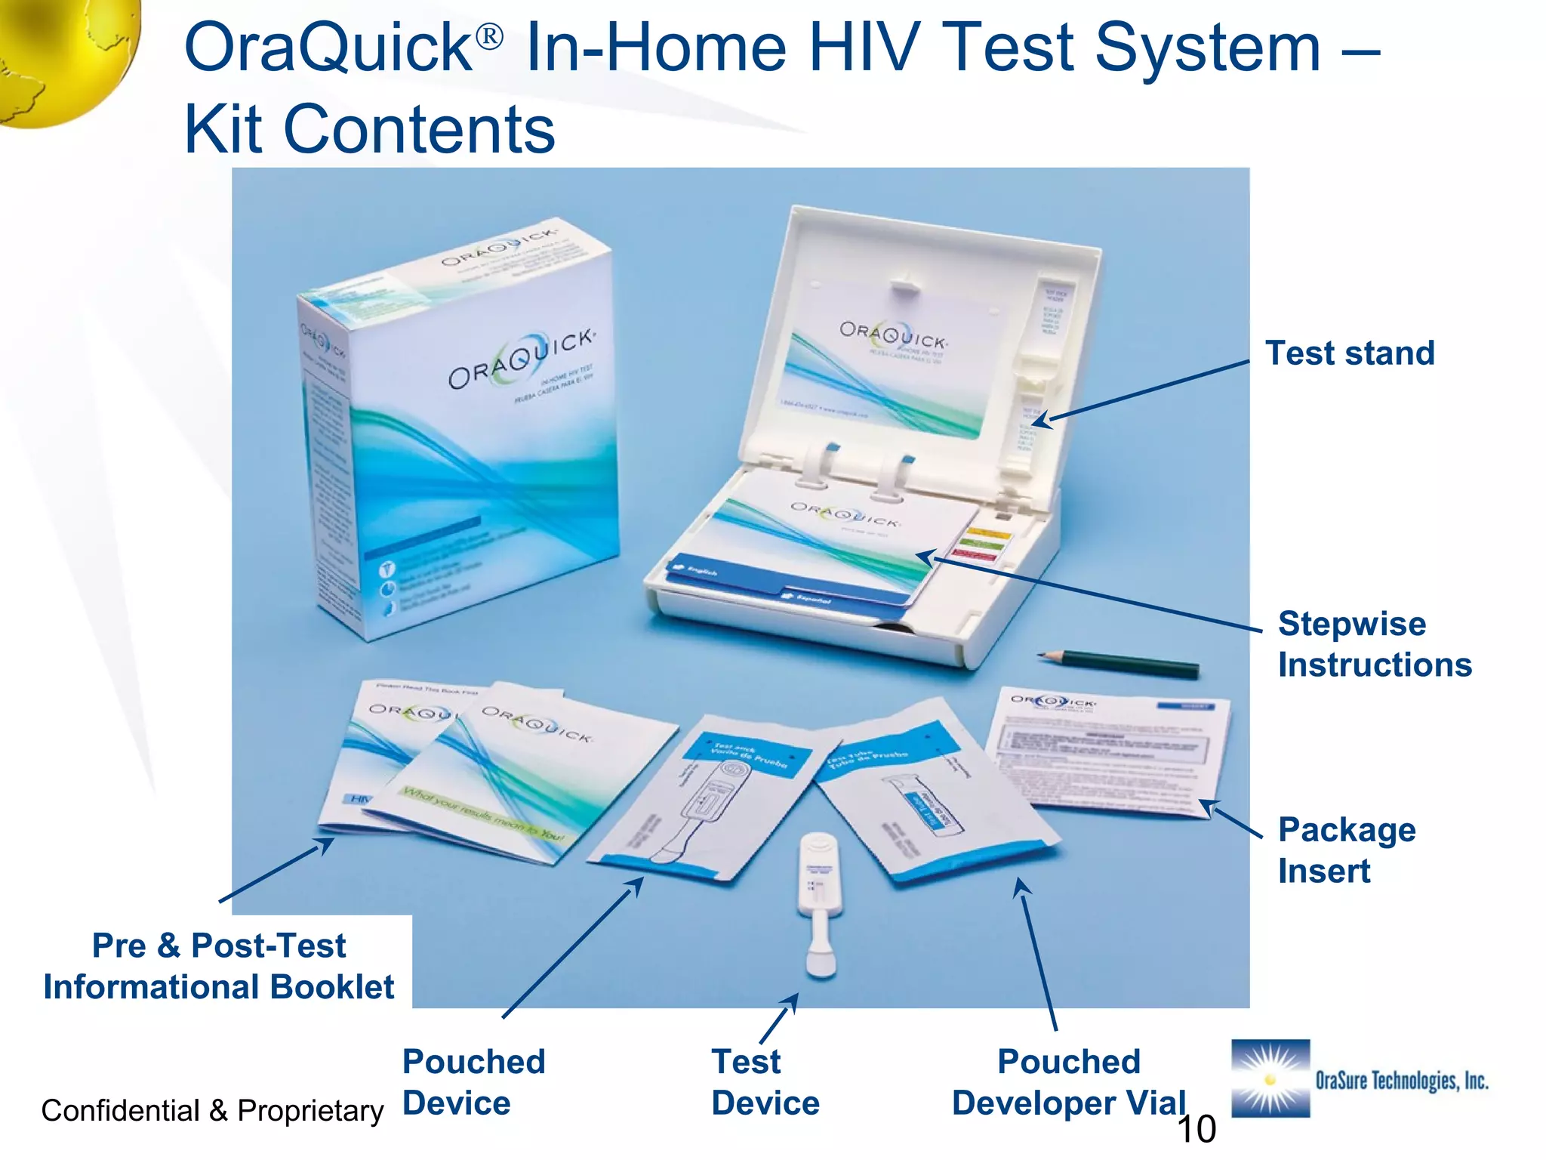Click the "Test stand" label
pyautogui.click(x=1350, y=353)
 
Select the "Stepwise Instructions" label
pyautogui.click(x=1374, y=644)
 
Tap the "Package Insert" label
pyautogui.click(x=1347, y=850)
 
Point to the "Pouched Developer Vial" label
pyautogui.click(x=1069, y=1082)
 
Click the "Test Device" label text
pyautogui.click(x=765, y=1082)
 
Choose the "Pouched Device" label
pyautogui.click(x=473, y=1082)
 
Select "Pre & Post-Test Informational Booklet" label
pyautogui.click(x=219, y=966)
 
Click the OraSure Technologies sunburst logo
pyautogui.click(x=1270, y=1078)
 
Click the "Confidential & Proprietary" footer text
pyautogui.click(x=212, y=1111)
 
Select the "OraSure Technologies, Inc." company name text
pyautogui.click(x=1402, y=1081)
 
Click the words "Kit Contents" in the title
pyautogui.click(x=370, y=129)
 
